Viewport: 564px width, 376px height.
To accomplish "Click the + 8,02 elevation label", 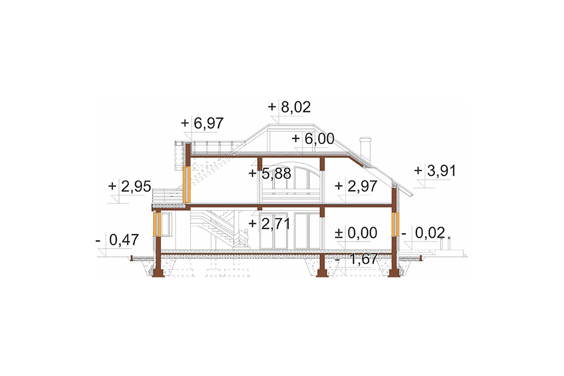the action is click(x=289, y=108).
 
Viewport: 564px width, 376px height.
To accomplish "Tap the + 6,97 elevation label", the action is click(x=202, y=123).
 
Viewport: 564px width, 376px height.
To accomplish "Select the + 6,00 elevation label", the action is click(x=313, y=139).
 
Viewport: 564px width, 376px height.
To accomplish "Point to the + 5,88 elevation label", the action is click(x=270, y=174).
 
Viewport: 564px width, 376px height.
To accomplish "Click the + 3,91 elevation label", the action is click(x=435, y=170).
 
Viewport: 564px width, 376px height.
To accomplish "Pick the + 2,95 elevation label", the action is click(x=129, y=186).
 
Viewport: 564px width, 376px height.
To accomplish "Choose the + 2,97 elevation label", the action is click(x=356, y=186).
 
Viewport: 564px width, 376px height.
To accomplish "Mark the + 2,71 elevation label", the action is click(x=269, y=224).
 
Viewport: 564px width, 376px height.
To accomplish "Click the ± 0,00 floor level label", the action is click(x=356, y=233).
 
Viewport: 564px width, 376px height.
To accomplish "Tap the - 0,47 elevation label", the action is click(x=117, y=240).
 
